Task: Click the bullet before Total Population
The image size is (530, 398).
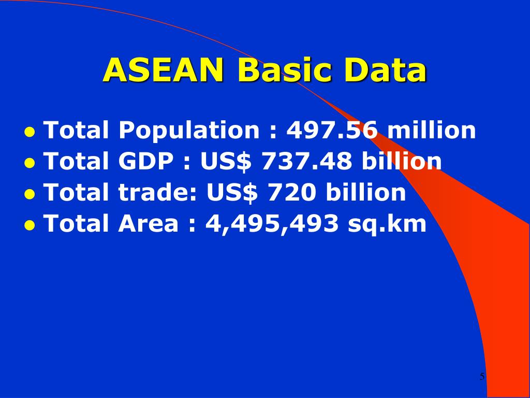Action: [x=30, y=132]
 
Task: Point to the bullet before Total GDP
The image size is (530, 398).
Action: [x=30, y=163]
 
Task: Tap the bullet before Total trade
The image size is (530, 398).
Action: [x=30, y=194]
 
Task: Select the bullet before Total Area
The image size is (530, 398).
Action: [x=30, y=225]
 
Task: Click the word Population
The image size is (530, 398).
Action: [x=188, y=131]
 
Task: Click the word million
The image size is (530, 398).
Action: [x=432, y=130]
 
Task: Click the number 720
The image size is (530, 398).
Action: [x=291, y=193]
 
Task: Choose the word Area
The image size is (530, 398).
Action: [x=149, y=224]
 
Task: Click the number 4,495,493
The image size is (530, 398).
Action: [x=272, y=224]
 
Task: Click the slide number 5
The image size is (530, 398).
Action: [x=482, y=377]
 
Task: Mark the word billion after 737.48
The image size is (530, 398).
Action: [x=402, y=162]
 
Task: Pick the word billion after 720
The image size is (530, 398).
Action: [x=366, y=193]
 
